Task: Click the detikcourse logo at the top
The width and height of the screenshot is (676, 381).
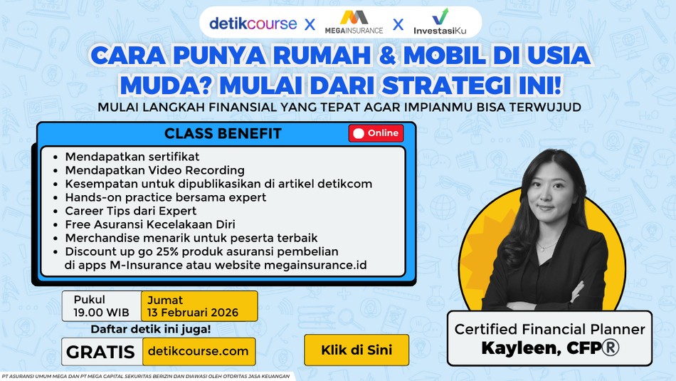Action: point(253,23)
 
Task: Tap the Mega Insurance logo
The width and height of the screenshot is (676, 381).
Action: point(354,22)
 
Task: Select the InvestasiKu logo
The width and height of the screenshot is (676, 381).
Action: point(440,22)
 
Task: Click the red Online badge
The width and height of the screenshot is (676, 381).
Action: point(376,133)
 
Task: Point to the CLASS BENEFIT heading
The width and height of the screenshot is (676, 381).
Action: point(223,134)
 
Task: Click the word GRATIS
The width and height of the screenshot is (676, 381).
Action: point(100,351)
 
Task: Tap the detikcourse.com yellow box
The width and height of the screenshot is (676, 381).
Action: point(199,351)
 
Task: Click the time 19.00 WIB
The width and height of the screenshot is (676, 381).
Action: point(100,313)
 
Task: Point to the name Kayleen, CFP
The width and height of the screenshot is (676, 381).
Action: point(549,348)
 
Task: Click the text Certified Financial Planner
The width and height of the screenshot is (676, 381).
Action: point(549,329)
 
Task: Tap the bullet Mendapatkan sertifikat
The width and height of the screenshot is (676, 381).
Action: point(132,157)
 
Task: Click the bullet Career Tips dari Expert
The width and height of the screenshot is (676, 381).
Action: point(130,211)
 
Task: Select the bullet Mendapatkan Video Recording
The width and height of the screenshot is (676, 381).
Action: point(154,170)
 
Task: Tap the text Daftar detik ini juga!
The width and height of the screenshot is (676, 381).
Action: point(150,329)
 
